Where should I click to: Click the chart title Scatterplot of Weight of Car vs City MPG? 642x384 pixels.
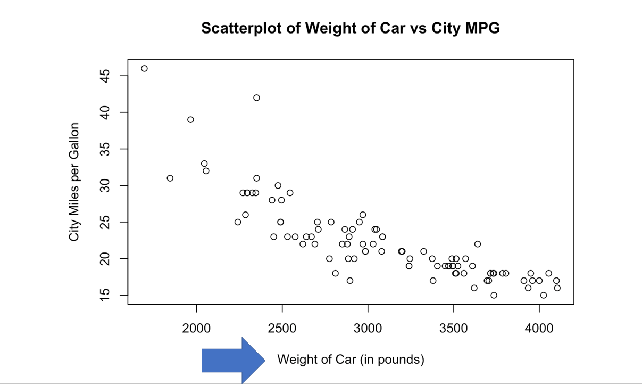[x=351, y=28]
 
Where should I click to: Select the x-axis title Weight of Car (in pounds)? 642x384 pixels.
[x=351, y=360]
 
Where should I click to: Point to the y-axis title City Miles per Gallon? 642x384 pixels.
[x=74, y=182]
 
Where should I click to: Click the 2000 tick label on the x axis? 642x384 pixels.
[x=197, y=324]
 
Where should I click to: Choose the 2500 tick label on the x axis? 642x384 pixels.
[x=282, y=324]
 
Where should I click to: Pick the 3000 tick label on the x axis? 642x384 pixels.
[x=368, y=324]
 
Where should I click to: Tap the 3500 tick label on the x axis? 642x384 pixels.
[x=454, y=324]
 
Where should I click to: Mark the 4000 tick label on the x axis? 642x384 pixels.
[x=539, y=324]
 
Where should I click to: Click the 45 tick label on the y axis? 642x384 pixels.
[x=104, y=76]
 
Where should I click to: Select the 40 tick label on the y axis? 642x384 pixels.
[x=104, y=112]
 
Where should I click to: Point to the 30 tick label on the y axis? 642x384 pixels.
[x=104, y=185]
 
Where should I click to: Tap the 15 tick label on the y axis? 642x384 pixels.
[x=104, y=295]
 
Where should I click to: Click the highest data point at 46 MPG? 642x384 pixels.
[x=144, y=68]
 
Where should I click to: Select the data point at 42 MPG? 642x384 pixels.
[x=256, y=97]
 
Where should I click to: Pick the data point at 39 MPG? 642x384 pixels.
[x=190, y=119]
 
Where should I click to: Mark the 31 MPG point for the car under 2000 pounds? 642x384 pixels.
[x=170, y=178]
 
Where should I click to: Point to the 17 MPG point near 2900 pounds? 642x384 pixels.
[x=349, y=281]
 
